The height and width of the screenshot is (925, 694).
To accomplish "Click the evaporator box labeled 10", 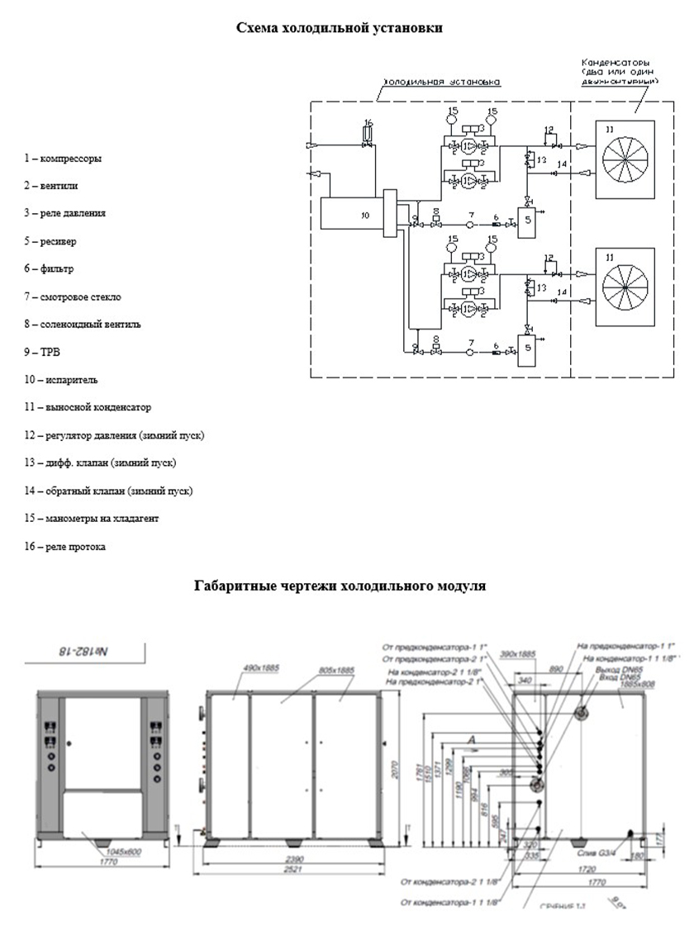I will pyautogui.click(x=346, y=214).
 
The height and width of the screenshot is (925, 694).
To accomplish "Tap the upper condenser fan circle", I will pyautogui.click(x=625, y=159).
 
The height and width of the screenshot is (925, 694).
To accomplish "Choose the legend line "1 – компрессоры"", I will pyautogui.click(x=63, y=158).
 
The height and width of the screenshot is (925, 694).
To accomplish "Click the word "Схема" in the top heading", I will pyautogui.click(x=259, y=28).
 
